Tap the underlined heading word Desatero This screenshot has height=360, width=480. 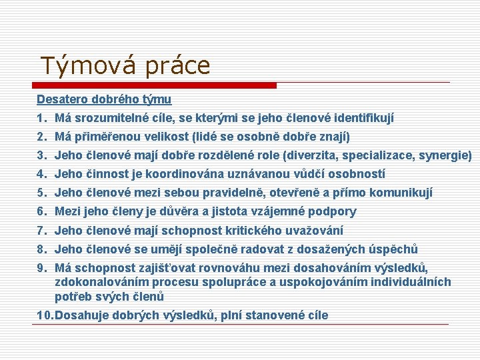(60, 99)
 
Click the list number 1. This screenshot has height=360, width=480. (41, 118)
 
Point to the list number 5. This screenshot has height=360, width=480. (41, 193)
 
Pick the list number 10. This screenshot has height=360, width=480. (44, 315)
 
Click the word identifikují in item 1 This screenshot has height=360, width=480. (361, 118)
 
